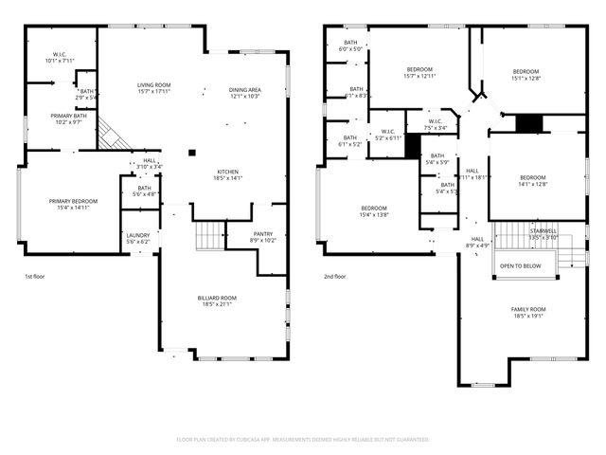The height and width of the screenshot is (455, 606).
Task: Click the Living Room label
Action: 152,85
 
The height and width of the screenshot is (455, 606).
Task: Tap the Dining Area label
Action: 244,90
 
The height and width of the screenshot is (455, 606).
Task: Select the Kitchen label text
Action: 229,171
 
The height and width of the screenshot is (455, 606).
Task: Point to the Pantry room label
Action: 263,233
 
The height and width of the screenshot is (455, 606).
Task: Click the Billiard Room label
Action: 217,298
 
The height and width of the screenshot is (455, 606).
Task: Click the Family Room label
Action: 528,310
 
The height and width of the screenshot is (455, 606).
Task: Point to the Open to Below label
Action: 521,266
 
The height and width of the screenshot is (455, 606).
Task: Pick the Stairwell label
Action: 544,229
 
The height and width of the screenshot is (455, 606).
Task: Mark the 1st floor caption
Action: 34,277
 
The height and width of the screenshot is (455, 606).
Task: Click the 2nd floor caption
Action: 335,277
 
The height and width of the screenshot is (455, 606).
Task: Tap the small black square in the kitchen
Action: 192,152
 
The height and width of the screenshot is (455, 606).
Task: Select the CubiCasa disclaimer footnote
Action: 303,440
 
